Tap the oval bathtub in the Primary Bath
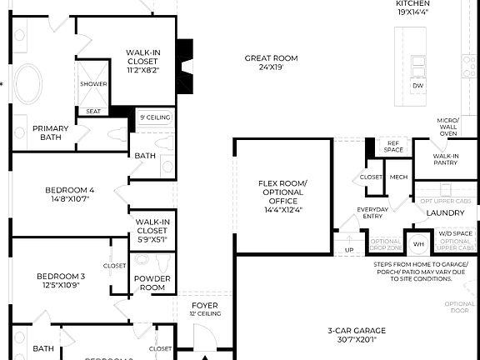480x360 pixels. tap(32, 83)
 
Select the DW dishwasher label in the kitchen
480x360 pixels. tap(417, 86)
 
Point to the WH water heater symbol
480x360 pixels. tap(418, 244)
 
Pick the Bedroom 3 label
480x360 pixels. tap(61, 281)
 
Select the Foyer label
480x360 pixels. tap(205, 309)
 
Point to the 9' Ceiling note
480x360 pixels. tap(155, 118)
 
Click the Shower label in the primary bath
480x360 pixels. tap(93, 84)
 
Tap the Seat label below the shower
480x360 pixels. tap(93, 111)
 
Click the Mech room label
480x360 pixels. tap(398, 177)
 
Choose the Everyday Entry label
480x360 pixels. tap(372, 212)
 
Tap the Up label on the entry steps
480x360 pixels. tap(348, 249)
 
